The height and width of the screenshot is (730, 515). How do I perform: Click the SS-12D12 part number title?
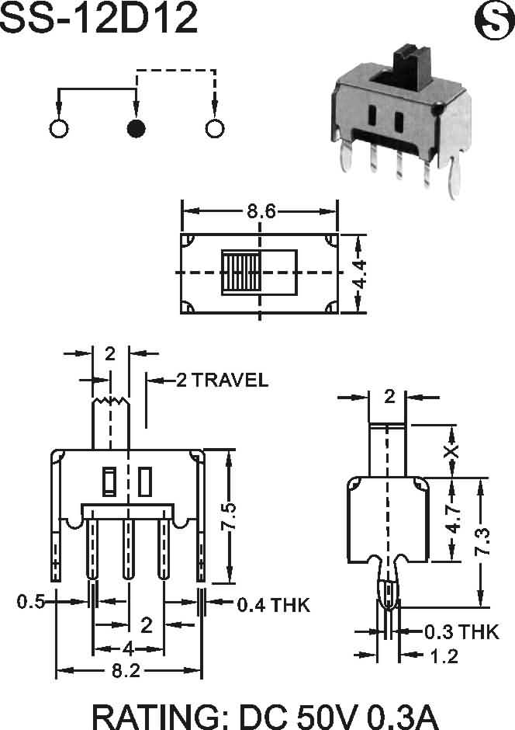pos(99,18)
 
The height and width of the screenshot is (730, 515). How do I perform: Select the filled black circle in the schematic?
pos(136,128)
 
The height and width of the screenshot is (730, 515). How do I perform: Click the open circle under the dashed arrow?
pos(215,128)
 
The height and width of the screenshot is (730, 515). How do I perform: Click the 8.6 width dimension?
pos(261,212)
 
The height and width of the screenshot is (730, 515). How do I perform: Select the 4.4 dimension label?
pos(359,275)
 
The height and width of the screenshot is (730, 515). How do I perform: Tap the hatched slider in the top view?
pos(240,273)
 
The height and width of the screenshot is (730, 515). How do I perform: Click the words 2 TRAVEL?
pos(222,381)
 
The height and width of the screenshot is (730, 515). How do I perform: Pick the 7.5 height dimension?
pos(228,516)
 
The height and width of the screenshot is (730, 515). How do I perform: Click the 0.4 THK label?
pos(273,605)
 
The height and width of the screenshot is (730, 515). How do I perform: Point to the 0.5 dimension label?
pos(31,602)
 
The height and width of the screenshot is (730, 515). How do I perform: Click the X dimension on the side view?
pos(451,451)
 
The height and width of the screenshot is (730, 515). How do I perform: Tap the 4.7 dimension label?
pos(453,519)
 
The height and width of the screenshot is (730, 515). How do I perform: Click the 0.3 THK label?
pos(462,632)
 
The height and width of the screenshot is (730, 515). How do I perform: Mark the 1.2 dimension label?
pos(444,656)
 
